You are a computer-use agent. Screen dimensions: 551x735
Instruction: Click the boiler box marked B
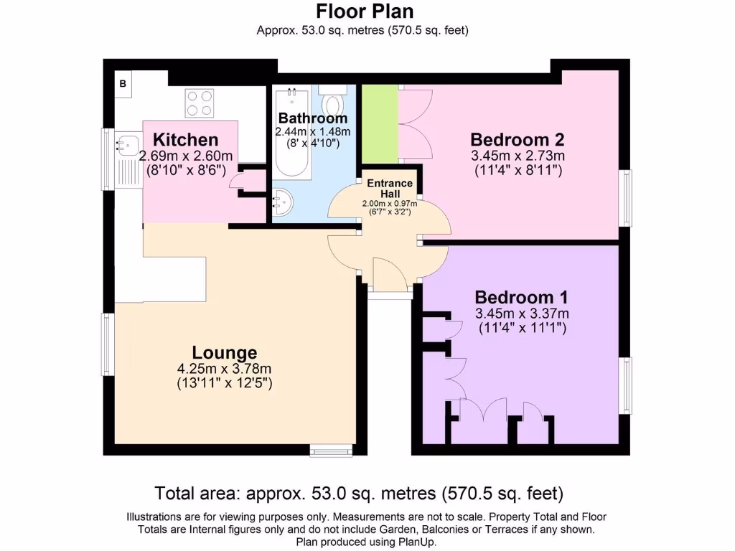tap(123, 84)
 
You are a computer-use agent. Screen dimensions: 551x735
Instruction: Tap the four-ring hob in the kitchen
tap(200, 103)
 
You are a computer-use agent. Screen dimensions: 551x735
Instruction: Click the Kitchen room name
tap(185, 139)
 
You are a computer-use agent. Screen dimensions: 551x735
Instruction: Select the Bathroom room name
tap(313, 118)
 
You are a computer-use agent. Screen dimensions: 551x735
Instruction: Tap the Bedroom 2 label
tap(518, 139)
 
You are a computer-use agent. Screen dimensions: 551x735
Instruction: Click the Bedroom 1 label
tap(522, 297)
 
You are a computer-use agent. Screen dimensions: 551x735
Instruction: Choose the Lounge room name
tap(224, 352)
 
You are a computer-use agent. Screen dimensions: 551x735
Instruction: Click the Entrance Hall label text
tap(390, 188)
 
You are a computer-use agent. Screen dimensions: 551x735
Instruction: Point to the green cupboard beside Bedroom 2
tap(380, 123)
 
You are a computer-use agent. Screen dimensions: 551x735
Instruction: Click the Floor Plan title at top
tap(365, 12)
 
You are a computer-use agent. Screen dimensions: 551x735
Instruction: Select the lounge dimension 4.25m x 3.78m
tap(224, 369)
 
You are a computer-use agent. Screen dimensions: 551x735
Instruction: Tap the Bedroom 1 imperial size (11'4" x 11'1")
tap(522, 328)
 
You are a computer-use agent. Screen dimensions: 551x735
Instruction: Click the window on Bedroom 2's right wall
tap(627, 197)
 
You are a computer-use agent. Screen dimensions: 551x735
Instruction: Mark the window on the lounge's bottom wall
tap(331, 450)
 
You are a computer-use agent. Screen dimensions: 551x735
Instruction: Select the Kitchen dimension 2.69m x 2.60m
tap(185, 156)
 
